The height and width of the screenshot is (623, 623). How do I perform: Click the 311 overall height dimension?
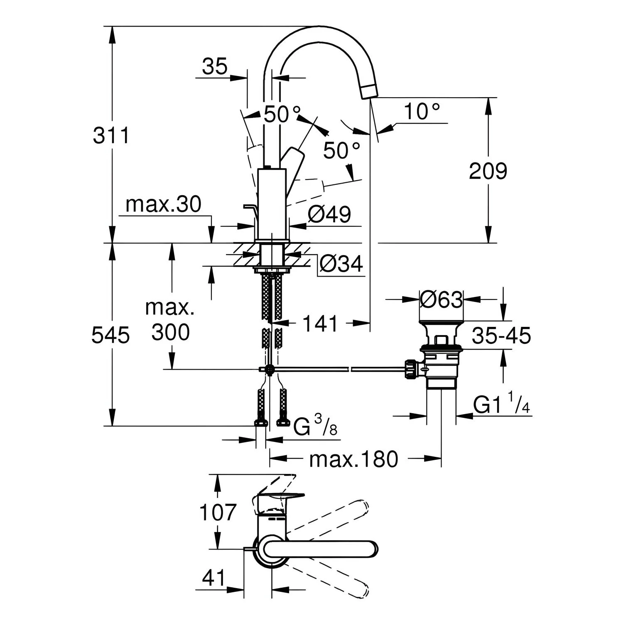tap(111, 135)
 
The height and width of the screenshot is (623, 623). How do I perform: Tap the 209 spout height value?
tap(488, 171)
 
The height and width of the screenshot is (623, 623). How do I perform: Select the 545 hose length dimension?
tap(110, 335)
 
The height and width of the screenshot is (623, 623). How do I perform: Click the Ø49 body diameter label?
tap(330, 214)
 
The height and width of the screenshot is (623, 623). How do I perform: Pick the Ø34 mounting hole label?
tap(341, 263)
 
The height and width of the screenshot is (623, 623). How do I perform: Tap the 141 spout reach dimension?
tap(320, 323)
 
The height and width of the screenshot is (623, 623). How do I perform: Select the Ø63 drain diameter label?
tap(441, 299)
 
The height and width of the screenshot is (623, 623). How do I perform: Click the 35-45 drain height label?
tap(501, 336)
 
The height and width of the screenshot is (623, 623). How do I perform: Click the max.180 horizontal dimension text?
tap(354, 459)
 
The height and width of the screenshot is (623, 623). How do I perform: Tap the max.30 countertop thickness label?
tap(163, 204)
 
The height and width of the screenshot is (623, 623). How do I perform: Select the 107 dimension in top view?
tap(218, 512)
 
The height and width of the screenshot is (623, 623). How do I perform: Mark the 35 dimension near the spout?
tap(215, 66)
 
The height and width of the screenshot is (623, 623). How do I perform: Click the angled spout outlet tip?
tap(369, 91)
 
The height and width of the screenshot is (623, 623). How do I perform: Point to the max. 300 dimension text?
tap(170, 320)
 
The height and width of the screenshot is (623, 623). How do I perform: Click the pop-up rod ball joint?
tap(270, 369)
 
